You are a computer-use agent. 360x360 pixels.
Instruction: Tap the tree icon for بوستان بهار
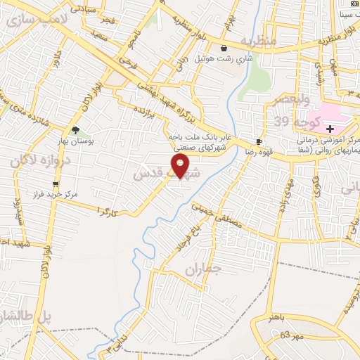(75, 130)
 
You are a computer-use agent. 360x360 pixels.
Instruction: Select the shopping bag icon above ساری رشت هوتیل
(224, 49)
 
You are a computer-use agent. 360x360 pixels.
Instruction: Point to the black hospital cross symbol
(330, 128)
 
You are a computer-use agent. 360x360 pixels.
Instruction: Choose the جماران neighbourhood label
(205, 269)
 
